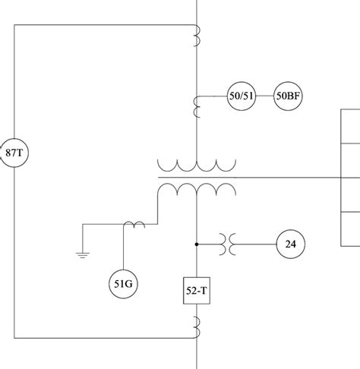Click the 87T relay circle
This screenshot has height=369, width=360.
[13, 153]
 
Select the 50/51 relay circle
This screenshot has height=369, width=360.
[242, 97]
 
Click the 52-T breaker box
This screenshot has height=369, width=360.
[197, 289]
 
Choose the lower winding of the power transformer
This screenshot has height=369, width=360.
[197, 188]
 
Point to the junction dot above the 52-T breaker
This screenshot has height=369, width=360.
[197, 244]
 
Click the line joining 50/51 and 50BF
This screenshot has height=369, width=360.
[264, 97]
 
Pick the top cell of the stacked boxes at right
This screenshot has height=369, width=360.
[350, 126]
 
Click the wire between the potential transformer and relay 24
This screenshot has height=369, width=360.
[254, 244]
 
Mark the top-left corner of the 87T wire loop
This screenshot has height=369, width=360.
[14, 25]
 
